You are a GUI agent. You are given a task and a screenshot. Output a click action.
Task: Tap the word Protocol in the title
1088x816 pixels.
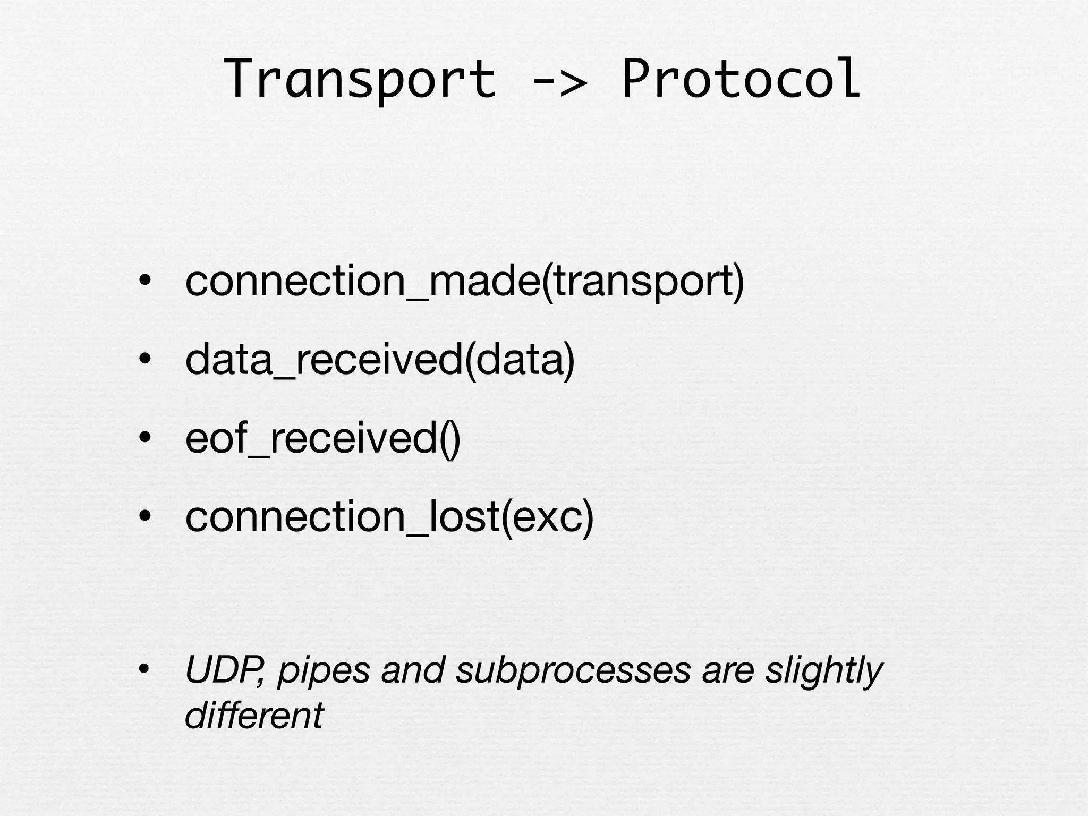click(741, 80)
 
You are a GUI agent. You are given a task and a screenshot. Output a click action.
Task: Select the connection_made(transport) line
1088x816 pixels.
click(464, 282)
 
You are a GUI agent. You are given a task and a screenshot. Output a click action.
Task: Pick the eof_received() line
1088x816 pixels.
click(322, 439)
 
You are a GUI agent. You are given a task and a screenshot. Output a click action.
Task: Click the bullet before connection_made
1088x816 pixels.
click(144, 281)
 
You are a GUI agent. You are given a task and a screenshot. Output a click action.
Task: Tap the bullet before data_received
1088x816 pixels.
click(144, 360)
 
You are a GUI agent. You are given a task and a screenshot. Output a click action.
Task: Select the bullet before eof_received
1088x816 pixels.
click(144, 438)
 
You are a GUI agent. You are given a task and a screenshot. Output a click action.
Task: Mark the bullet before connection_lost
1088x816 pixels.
click(144, 516)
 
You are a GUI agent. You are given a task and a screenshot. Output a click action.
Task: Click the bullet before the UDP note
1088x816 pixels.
click(144, 670)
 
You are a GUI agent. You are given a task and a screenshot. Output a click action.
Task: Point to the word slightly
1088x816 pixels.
click(823, 671)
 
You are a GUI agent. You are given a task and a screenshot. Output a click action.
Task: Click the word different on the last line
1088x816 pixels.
click(254, 716)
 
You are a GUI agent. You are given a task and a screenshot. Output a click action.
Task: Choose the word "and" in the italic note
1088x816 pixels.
click(413, 670)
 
